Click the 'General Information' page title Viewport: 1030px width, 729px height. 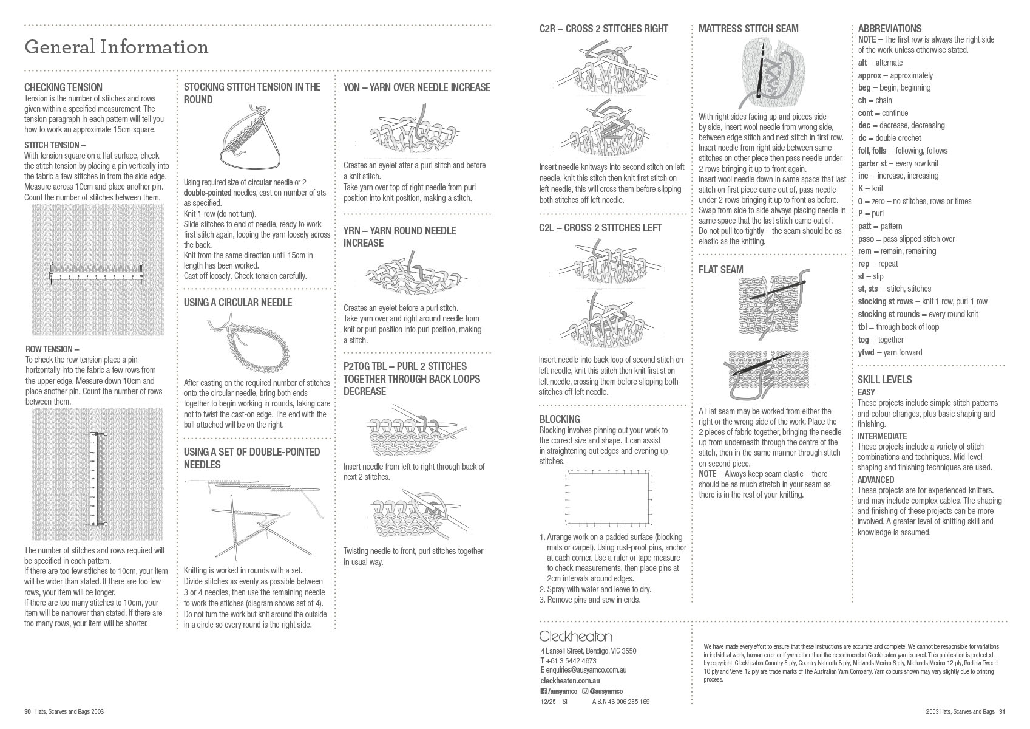(x=116, y=47)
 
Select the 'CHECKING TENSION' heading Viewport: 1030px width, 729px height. (x=63, y=87)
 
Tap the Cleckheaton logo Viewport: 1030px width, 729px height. (x=575, y=636)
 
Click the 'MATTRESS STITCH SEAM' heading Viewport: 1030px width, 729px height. (x=748, y=29)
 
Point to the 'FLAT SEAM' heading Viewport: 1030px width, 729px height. (x=720, y=270)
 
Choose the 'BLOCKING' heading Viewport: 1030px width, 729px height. (x=560, y=419)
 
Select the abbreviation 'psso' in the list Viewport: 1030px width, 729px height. (x=866, y=239)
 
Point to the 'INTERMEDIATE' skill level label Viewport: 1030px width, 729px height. (x=882, y=436)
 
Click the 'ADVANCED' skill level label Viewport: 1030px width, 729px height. (x=876, y=480)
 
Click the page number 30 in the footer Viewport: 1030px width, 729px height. (x=27, y=711)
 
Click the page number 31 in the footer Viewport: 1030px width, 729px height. (x=1002, y=711)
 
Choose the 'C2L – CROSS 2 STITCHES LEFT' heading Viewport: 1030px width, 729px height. (x=600, y=228)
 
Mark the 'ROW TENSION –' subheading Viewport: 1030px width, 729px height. (x=52, y=349)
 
